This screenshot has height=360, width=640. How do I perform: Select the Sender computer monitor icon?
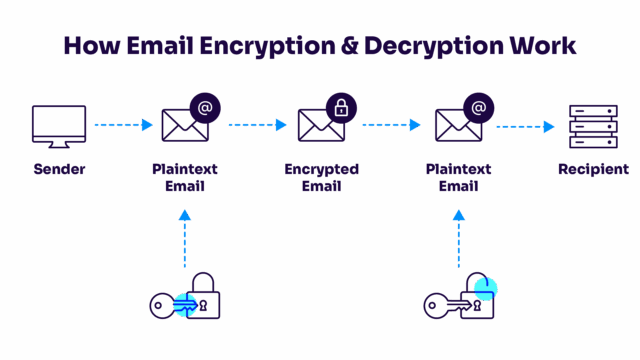click(x=59, y=125)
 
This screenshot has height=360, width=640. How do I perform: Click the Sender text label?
click(x=59, y=169)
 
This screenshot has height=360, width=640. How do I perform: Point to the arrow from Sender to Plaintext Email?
click(x=122, y=125)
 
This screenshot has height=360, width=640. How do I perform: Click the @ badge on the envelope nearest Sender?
click(x=205, y=108)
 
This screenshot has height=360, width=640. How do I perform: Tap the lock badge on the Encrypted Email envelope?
click(x=341, y=108)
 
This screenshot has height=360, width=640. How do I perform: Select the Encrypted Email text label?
click(x=321, y=177)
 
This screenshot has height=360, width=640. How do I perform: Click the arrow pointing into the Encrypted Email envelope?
click(x=257, y=125)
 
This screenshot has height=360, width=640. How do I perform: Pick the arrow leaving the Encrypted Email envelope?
click(x=391, y=125)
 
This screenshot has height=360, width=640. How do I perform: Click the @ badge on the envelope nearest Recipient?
click(x=478, y=108)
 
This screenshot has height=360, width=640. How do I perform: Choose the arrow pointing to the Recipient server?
click(x=525, y=126)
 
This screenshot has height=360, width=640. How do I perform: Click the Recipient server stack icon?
click(x=593, y=126)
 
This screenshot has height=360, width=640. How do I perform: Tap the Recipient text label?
click(x=593, y=169)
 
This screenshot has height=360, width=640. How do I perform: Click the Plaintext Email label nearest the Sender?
click(x=185, y=177)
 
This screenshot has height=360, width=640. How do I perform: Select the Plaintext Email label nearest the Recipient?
click(x=458, y=177)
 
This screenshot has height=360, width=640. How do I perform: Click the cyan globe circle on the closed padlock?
click(x=185, y=305)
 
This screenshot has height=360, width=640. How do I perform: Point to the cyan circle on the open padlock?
click(x=485, y=289)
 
